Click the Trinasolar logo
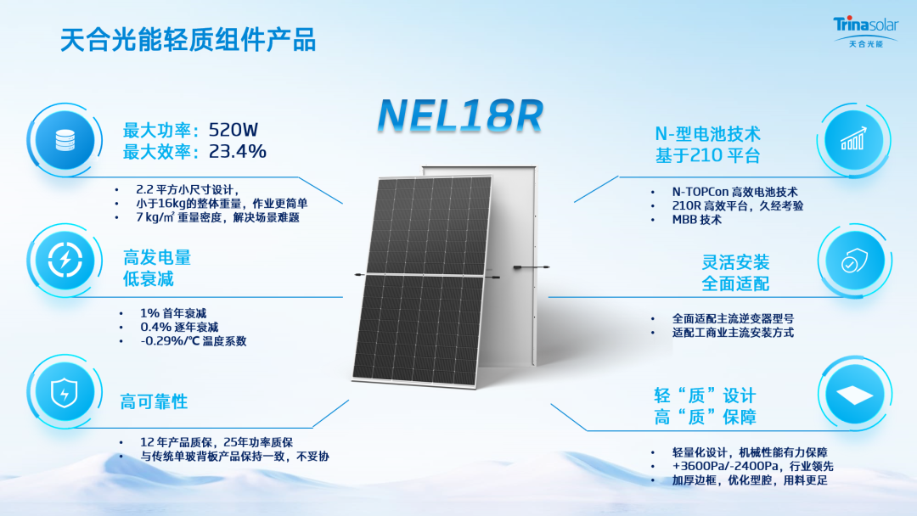pos(865,32)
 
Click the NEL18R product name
pos(461,115)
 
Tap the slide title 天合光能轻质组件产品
pos(188,41)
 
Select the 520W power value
pos(233,130)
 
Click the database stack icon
pos(65,140)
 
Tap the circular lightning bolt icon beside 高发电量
pos(65,260)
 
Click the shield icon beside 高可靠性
pos(65,392)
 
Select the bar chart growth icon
pos(854,140)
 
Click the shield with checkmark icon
pos(854,261)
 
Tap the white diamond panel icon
pos(854,395)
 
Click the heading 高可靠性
pos(154,402)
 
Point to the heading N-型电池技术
pos(707,134)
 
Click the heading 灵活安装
pos(735,262)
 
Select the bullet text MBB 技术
pos(696,220)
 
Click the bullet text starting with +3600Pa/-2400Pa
pos(752,466)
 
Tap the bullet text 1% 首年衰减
pos(173,313)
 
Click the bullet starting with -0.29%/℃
pos(193,340)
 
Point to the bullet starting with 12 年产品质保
pos(217,442)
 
